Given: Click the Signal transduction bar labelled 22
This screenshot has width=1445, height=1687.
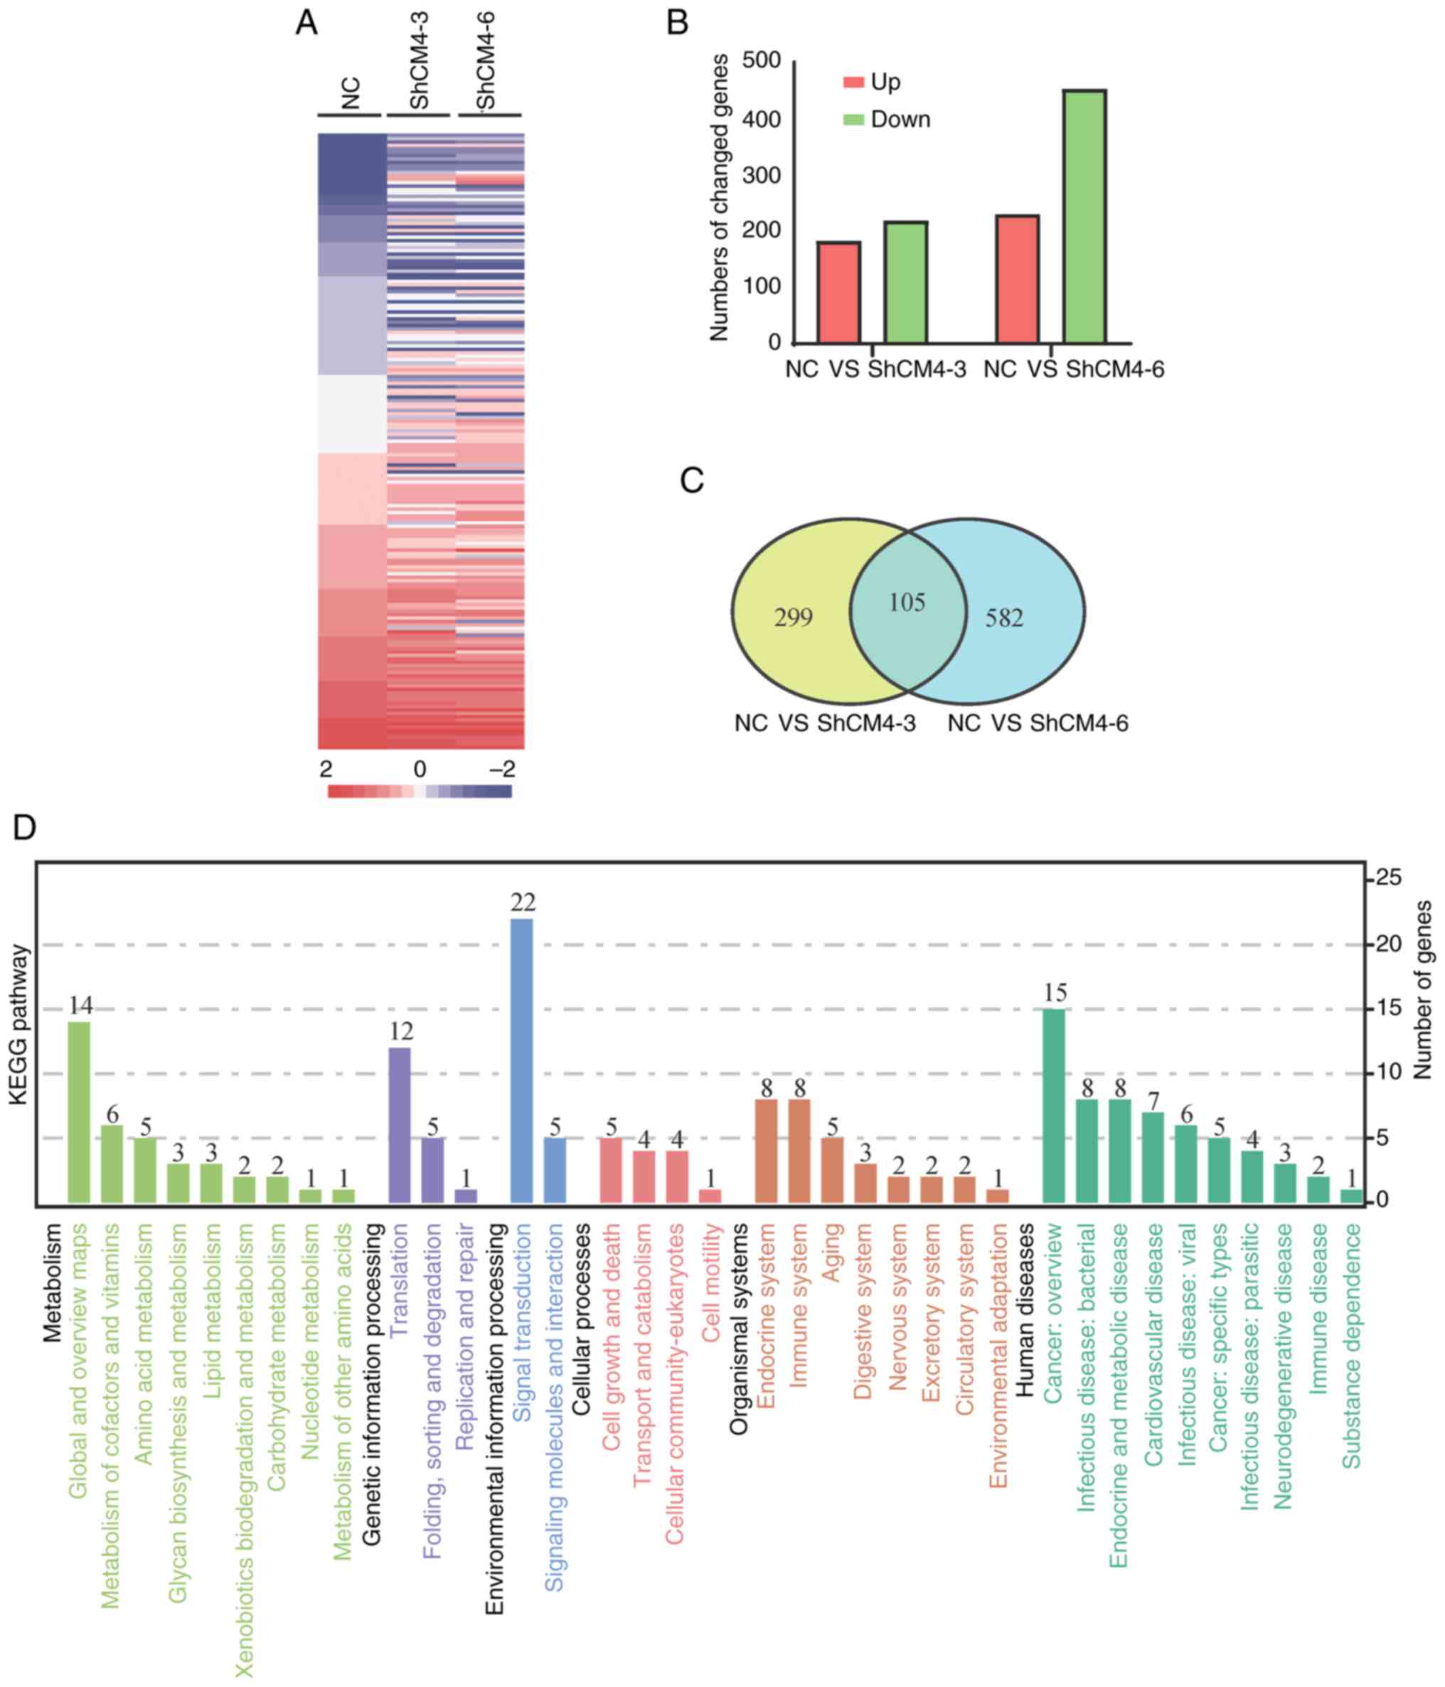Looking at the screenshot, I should coord(521,1060).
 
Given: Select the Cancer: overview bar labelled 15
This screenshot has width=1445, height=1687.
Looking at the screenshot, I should coord(1055,1106).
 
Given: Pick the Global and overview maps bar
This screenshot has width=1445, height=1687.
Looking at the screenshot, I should coord(79,1112).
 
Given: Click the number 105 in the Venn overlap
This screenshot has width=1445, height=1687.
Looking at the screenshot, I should coord(907,602).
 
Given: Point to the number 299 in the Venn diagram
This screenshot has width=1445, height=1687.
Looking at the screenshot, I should coord(793,618).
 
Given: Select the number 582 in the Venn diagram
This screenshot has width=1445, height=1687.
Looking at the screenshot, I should coord(1004,618).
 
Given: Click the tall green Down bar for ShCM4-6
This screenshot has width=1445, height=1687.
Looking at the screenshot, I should coord(1084,217).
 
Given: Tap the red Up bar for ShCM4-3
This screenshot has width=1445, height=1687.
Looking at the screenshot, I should coord(838,292).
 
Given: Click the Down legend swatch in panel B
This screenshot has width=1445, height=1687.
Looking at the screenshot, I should coord(853,119).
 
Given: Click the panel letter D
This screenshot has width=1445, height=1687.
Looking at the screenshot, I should coord(24,828).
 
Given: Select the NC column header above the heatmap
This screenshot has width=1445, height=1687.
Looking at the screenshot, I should coord(350,94).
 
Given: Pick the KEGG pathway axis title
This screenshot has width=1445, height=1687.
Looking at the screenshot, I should coord(18,1024).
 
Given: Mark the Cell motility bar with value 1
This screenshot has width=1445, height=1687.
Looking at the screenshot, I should coord(710,1196).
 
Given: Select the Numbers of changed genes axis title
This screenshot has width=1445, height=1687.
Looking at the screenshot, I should coord(719,198).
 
